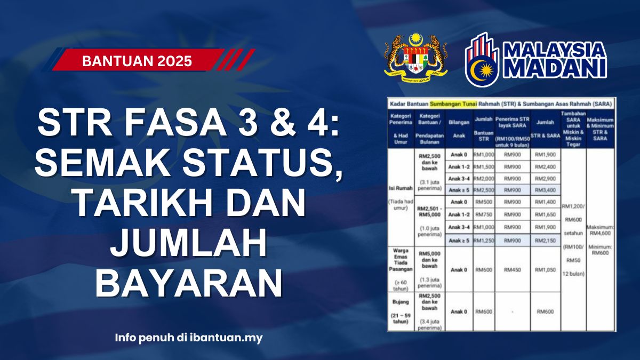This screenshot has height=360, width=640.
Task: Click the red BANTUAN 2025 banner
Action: coord(137,61)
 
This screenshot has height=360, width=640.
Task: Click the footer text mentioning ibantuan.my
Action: coord(189,338)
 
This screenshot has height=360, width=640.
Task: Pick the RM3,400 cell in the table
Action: coord(545,190)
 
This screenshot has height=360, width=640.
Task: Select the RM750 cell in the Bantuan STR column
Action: coord(483,214)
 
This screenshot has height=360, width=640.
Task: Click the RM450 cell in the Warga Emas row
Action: coord(512,270)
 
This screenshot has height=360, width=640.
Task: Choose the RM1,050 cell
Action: coord(545,270)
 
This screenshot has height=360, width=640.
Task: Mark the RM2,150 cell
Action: coord(545,241)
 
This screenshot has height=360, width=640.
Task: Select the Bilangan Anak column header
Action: coord(458,128)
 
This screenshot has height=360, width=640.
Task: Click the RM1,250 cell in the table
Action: coord(483,241)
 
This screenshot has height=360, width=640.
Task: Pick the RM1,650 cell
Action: coord(545,214)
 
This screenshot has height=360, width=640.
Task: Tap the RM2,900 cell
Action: coord(545,178)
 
